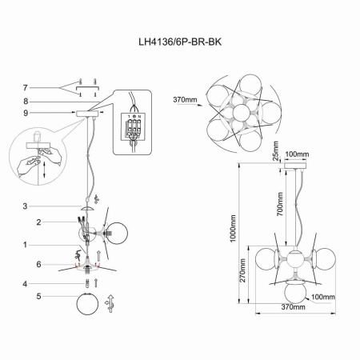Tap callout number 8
pyautogui.click(x=25, y=102)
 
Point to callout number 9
pyautogui.click(x=25, y=114)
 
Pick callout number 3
pyautogui.click(x=25, y=206)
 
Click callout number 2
pyautogui.click(x=25, y=222)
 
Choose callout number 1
pyautogui.click(x=25, y=246)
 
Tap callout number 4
pyautogui.click(x=25, y=283)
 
